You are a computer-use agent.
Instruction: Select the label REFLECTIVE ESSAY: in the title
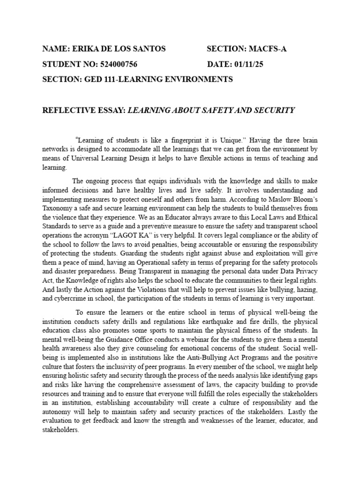tap(84, 110)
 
